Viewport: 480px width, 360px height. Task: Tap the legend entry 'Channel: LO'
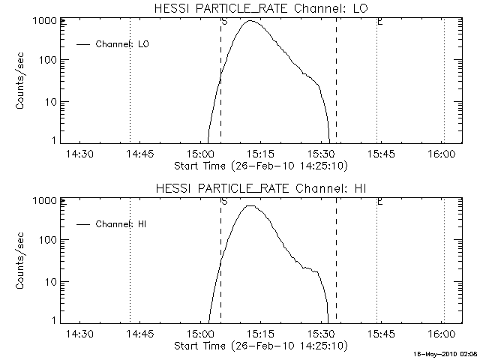(123, 44)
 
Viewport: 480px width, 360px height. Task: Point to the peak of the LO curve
(250, 21)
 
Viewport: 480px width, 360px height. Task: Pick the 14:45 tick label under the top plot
(139, 154)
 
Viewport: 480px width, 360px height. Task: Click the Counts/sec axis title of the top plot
(22, 81)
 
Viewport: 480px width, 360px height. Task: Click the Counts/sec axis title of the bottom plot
(22, 261)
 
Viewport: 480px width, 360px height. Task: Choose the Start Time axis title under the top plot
(259, 166)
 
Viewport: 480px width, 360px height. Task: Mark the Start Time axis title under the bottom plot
(259, 346)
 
